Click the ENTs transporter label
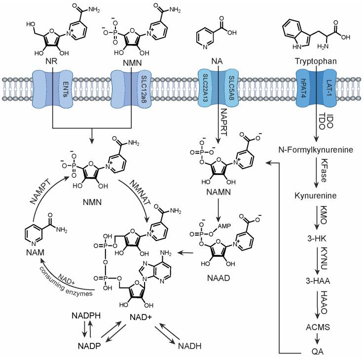[65, 87]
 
